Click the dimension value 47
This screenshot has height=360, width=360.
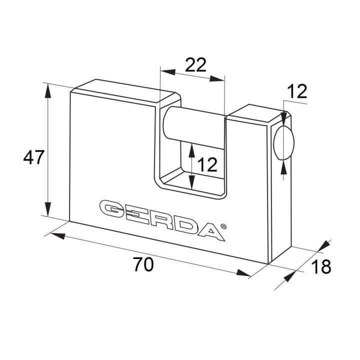33,157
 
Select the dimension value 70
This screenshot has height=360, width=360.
143,264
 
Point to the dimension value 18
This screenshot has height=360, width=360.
321,266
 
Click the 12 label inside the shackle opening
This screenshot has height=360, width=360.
207,164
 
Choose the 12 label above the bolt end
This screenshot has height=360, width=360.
297,91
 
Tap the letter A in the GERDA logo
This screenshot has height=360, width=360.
210,232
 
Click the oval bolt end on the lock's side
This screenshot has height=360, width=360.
284,142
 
